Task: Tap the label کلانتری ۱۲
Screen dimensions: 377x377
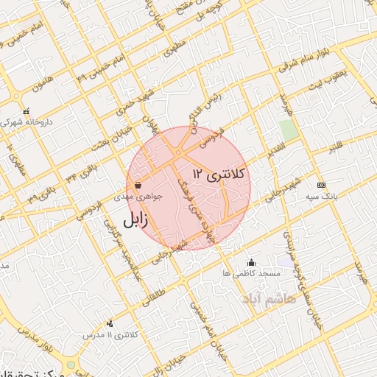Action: click(x=221, y=174)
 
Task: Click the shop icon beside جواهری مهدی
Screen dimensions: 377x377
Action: click(x=138, y=186)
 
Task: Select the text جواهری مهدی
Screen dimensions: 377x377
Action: click(x=135, y=197)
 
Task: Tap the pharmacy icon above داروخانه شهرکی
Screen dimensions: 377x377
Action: click(x=27, y=111)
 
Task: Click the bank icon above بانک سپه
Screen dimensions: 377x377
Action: click(x=320, y=184)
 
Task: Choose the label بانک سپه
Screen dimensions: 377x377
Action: click(x=321, y=197)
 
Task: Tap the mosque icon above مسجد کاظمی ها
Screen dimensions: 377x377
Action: click(x=252, y=261)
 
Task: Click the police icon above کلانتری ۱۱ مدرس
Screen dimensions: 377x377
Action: click(x=110, y=323)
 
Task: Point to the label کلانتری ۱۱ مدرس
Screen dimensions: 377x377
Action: click(x=110, y=334)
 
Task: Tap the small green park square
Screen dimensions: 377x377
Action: click(x=289, y=130)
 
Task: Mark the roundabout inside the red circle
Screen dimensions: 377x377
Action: click(x=179, y=153)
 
